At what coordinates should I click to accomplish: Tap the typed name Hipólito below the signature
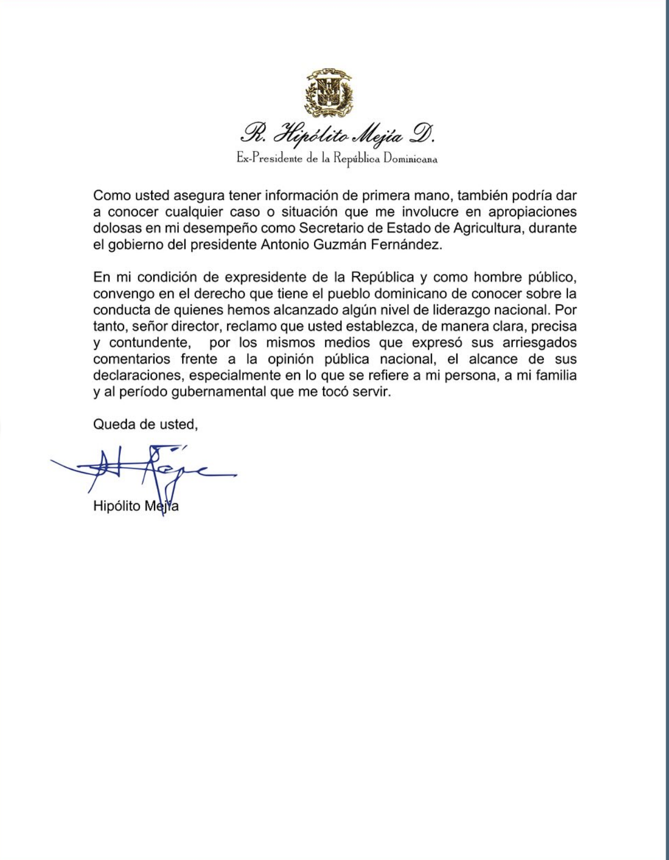[117, 506]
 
